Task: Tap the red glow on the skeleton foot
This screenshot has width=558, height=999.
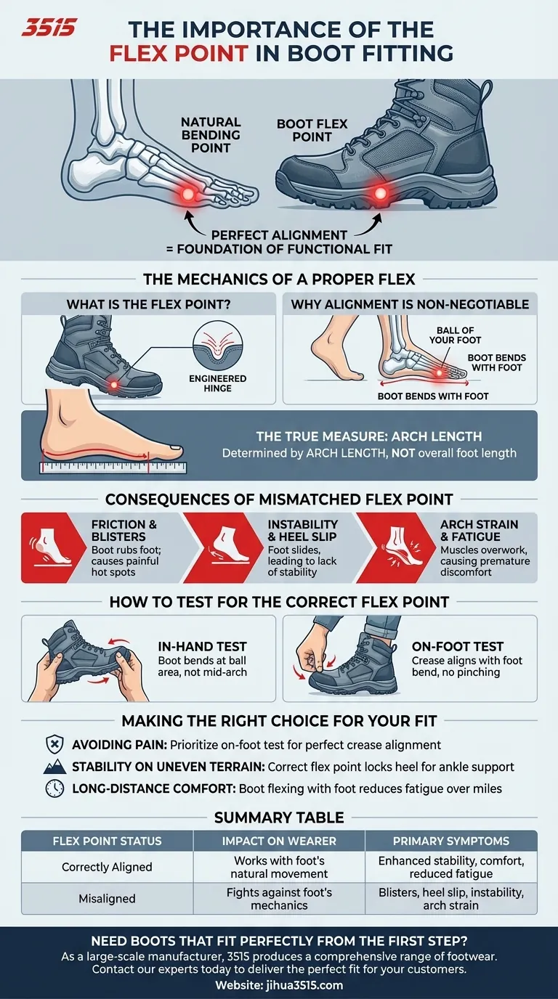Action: click(188, 193)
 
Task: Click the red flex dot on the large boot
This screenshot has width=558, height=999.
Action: click(379, 193)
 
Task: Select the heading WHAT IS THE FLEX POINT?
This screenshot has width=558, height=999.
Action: click(148, 304)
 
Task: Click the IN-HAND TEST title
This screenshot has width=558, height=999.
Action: click(202, 646)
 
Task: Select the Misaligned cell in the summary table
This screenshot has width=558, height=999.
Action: click(108, 898)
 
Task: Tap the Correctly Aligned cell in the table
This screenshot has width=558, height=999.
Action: click(108, 867)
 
